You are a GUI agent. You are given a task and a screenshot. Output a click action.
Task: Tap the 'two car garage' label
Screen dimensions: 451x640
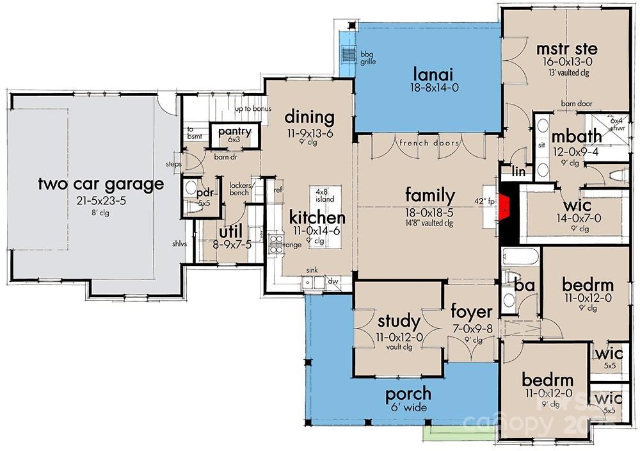(x=100, y=184)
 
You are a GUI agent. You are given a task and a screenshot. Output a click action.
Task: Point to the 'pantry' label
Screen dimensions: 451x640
(x=234, y=131)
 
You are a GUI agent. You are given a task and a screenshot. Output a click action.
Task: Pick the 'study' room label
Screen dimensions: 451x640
(x=399, y=320)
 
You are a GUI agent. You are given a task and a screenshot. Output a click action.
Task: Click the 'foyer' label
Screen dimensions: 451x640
(x=471, y=312)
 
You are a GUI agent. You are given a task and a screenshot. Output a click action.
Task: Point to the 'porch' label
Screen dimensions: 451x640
(x=408, y=393)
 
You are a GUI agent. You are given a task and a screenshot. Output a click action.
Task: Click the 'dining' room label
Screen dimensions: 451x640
(x=309, y=117)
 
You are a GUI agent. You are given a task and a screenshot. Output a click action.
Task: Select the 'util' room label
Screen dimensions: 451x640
(x=230, y=231)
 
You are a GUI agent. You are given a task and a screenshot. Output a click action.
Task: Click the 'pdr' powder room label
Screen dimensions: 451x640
(x=205, y=192)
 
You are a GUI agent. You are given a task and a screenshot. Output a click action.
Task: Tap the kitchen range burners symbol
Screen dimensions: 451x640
(x=276, y=244)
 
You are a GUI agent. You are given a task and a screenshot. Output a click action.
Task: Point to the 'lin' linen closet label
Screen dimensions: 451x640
(x=520, y=171)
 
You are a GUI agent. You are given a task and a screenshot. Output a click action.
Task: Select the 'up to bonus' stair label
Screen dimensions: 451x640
(x=253, y=109)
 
